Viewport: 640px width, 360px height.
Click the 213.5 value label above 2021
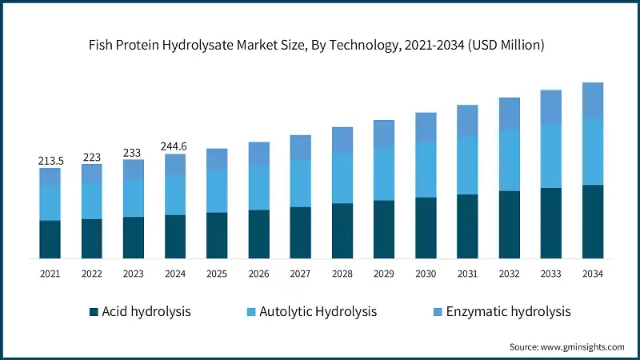pyautogui.click(x=50, y=161)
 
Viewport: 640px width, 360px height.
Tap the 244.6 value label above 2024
pyautogui.click(x=175, y=146)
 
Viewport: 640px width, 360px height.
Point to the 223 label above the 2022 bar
pyautogui.click(x=92, y=158)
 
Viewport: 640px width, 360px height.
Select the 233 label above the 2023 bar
pyautogui.click(x=134, y=152)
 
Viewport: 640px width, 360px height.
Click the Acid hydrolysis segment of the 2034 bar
pyautogui.click(x=592, y=222)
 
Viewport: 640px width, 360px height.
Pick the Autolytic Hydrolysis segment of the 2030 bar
pyautogui.click(x=426, y=170)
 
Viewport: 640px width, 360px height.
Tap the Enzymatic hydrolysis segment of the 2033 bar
pyautogui.click(x=550, y=107)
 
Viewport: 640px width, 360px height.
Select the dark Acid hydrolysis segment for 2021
pyautogui.click(x=50, y=239)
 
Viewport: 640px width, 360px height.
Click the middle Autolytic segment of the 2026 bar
pyautogui.click(x=258, y=188)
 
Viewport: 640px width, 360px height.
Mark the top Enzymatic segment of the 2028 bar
pyautogui.click(x=342, y=140)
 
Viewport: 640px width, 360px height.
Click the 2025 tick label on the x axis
pyautogui.click(x=217, y=274)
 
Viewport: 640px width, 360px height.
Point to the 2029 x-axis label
pyautogui.click(x=384, y=274)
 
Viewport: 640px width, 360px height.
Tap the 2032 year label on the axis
pyautogui.click(x=509, y=274)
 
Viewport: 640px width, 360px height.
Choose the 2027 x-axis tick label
pyautogui.click(x=300, y=274)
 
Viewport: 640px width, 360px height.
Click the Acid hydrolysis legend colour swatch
pyautogui.click(x=94, y=311)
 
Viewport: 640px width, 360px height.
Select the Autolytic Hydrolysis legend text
pyautogui.click(x=319, y=311)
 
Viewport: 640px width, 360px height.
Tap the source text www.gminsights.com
pyautogui.click(x=583, y=347)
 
